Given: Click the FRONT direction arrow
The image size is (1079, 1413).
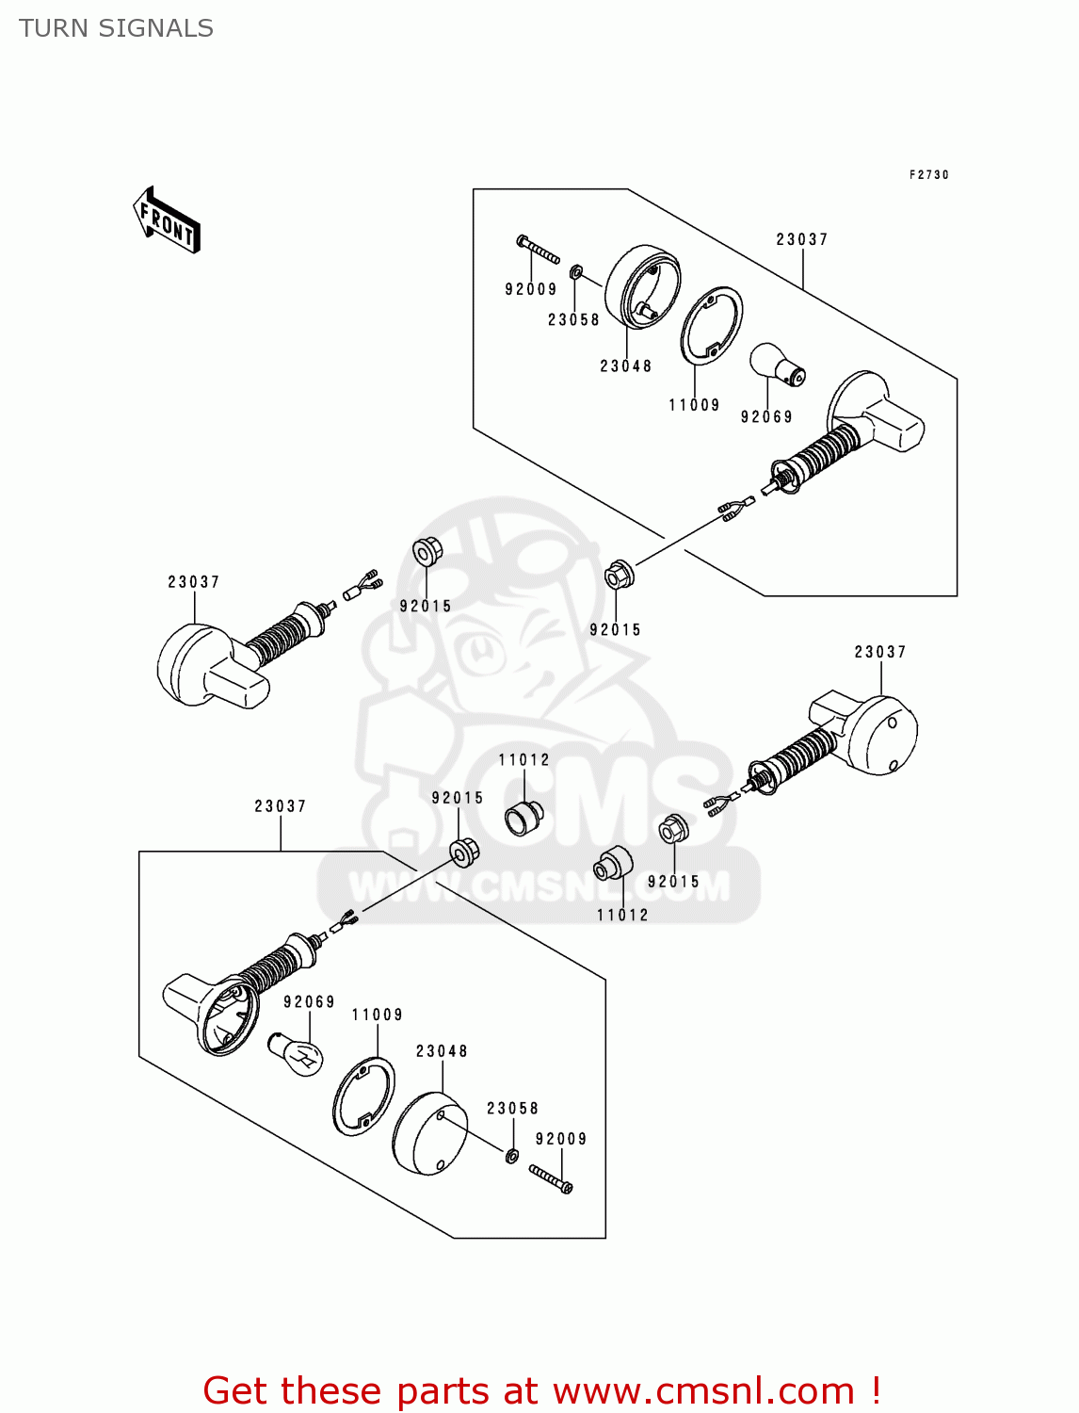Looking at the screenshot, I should coord(168,220).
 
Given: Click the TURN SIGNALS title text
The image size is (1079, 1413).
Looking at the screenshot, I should coord(116,28).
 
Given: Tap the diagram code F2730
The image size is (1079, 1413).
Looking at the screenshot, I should coord(928,175).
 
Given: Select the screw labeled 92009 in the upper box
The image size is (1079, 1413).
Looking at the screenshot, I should coord(538,251).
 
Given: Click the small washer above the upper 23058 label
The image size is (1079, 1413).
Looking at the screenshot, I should coord(577,273).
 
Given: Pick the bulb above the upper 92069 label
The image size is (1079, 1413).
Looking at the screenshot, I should coord(776,365).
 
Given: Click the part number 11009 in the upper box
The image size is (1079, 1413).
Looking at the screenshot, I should coord(694,405).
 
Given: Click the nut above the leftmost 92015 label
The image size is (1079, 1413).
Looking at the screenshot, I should coord(427,551).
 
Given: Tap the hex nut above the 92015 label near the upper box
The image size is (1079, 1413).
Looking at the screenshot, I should coord(618,574).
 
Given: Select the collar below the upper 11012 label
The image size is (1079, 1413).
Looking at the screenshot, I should coord(524,817).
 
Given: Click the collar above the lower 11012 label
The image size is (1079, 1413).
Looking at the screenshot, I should coord(613,864).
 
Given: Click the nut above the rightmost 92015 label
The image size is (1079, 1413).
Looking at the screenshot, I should coord(672,830).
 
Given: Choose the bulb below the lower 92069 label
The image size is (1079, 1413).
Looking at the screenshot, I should coord(297,1054).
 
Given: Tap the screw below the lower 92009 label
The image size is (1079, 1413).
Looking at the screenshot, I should coord(551,1178).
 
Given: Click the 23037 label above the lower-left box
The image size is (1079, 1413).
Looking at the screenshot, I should coord(280,806).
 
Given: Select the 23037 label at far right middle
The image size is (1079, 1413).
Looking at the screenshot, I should coord(879,652).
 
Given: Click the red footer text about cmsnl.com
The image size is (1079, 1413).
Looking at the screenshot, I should coord(541,1390).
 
